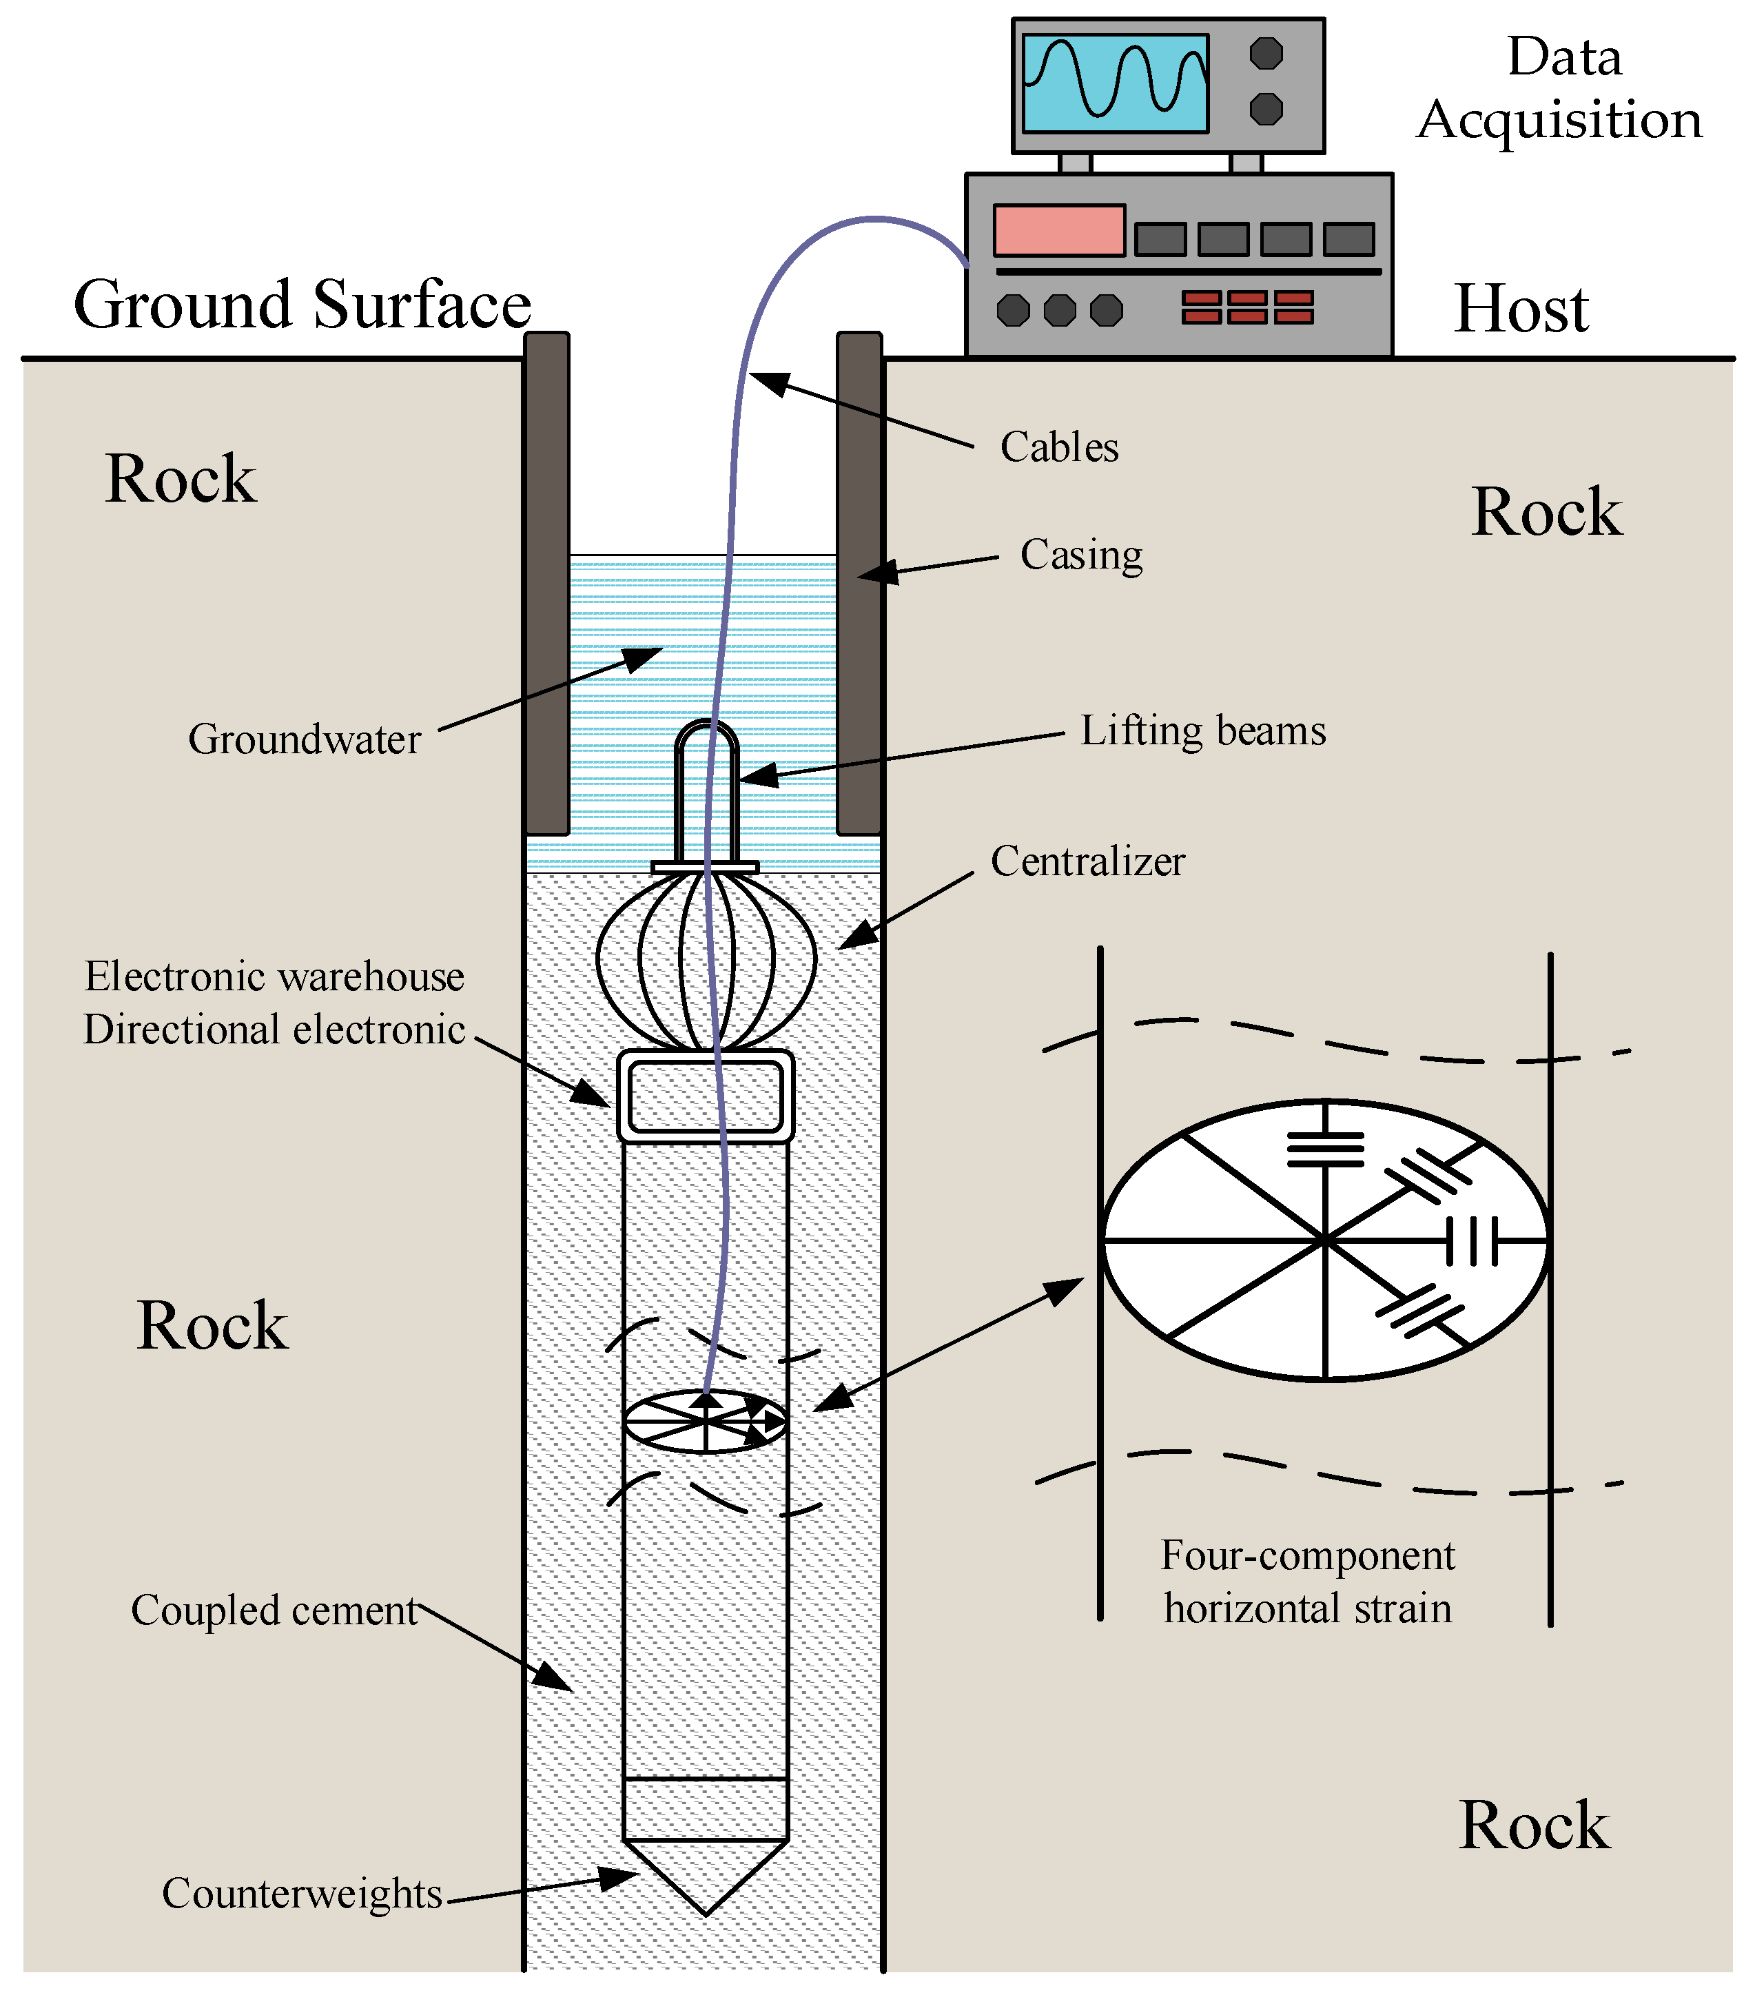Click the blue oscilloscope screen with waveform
point(1115,84)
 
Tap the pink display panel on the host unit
point(1059,230)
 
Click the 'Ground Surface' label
point(302,305)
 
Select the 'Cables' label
point(1059,447)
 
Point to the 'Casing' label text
point(1080,554)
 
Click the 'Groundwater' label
point(304,739)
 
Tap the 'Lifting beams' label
point(1202,730)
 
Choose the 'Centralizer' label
point(1087,861)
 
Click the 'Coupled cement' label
point(274,1610)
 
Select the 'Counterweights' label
point(302,1892)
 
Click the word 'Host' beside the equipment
point(1521,309)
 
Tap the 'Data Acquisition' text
point(1560,88)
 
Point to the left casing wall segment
point(546,584)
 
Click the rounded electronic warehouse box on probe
point(705,1095)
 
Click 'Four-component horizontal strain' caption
point(1308,1581)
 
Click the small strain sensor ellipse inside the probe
point(705,1421)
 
